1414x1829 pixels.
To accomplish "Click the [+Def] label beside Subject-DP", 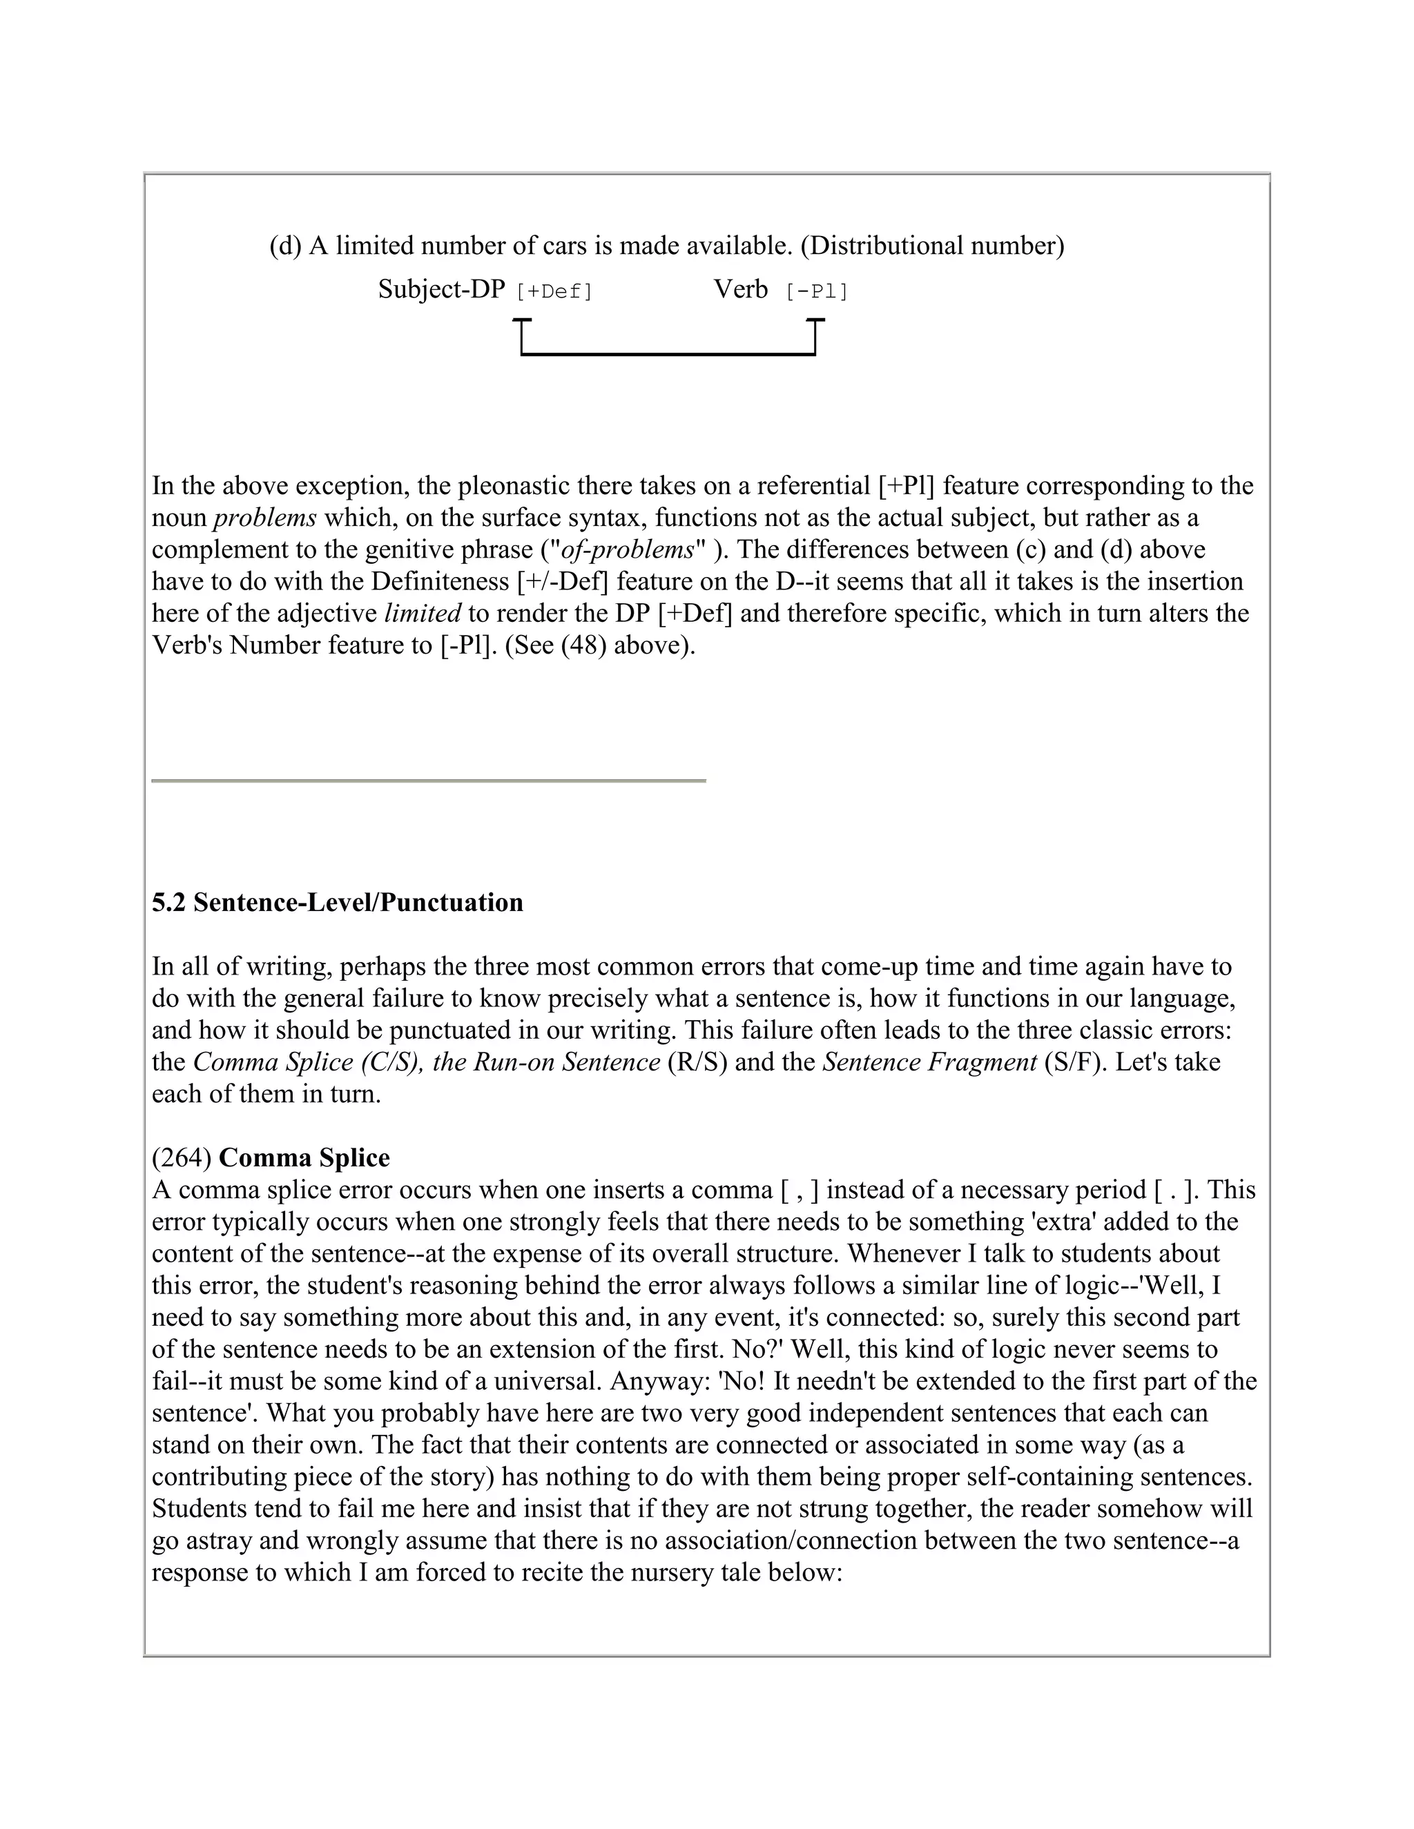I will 554,292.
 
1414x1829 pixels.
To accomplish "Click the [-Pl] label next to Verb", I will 817,292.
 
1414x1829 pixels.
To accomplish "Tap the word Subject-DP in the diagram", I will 441,290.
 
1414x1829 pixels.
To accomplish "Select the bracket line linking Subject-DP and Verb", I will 668,354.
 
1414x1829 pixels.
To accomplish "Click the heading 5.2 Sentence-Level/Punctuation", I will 338,903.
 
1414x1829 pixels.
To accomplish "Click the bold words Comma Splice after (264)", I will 304,1158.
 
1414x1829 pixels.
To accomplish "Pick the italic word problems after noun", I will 264,518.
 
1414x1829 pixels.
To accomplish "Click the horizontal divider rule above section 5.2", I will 428,781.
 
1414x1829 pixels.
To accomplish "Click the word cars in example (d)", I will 566,246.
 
